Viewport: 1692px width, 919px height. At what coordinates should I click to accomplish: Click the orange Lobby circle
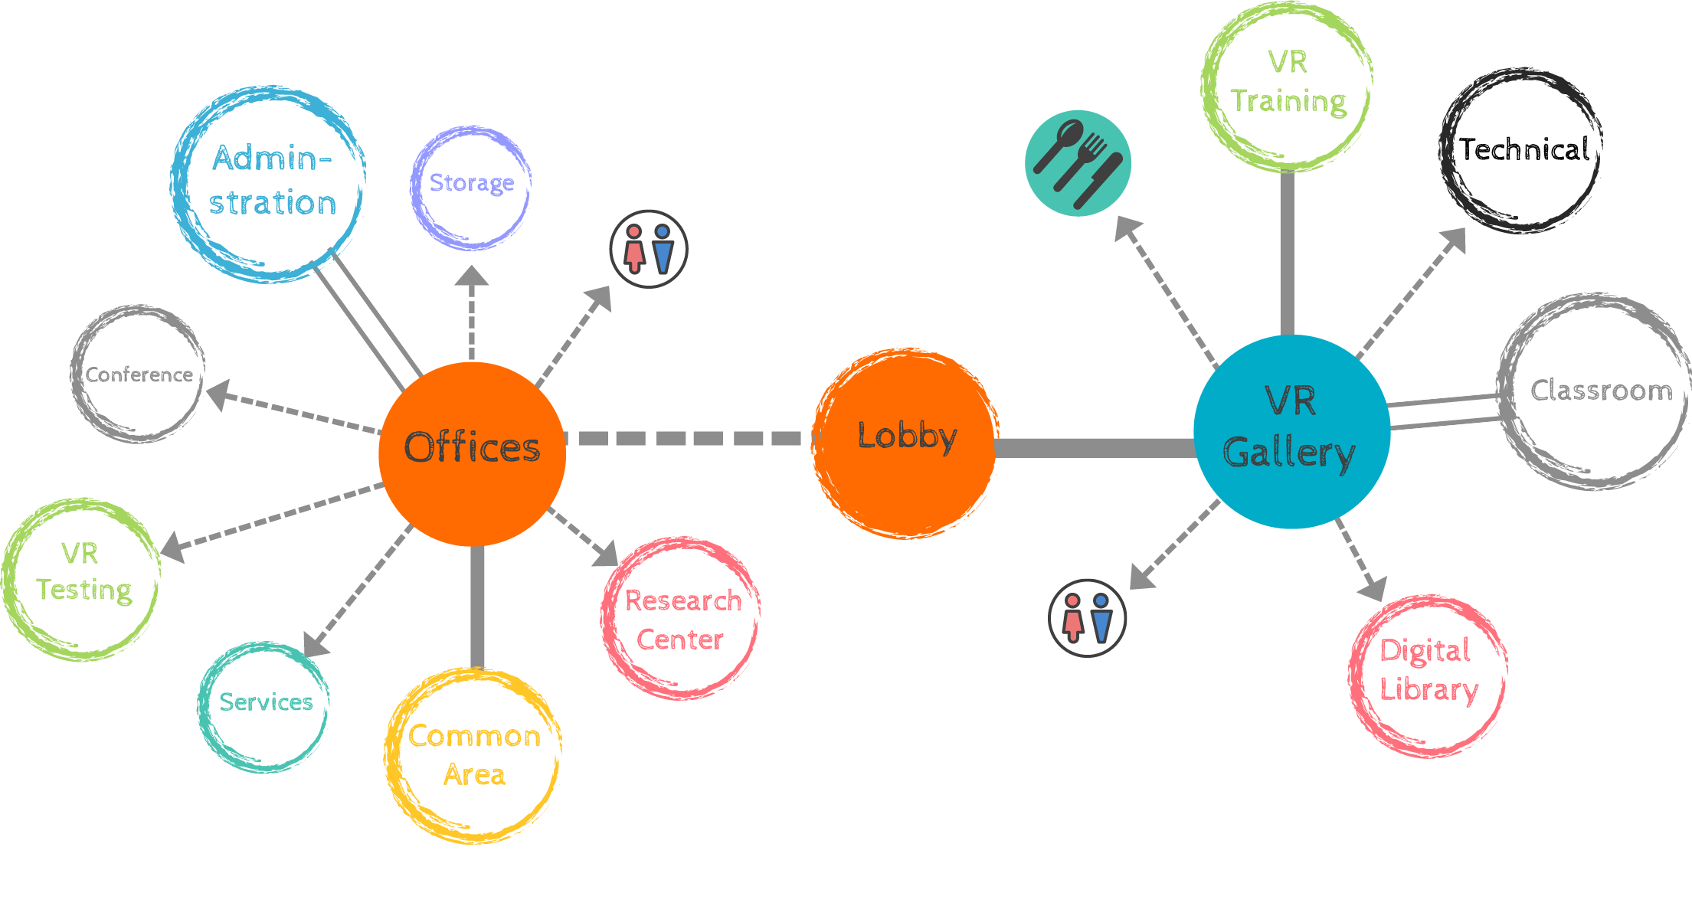click(905, 443)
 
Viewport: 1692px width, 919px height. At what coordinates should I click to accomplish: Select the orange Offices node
click(472, 453)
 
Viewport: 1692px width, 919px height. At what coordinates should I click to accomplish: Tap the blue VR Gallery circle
click(1291, 432)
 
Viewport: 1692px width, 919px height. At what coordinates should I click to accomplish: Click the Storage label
click(472, 183)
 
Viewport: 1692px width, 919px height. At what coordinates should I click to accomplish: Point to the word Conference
click(139, 374)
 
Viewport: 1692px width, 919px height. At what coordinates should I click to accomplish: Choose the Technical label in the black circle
click(1524, 149)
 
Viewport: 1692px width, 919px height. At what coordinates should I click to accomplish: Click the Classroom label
click(1601, 391)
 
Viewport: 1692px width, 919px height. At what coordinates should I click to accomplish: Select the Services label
click(266, 702)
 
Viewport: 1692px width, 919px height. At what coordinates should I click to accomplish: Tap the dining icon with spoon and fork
click(1078, 163)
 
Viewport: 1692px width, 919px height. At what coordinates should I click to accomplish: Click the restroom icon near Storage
click(649, 249)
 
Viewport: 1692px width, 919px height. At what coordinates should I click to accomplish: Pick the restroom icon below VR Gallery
click(1087, 618)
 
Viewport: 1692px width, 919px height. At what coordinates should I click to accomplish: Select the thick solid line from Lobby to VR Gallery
click(1095, 448)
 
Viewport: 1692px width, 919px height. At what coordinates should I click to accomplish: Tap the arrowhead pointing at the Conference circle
click(219, 394)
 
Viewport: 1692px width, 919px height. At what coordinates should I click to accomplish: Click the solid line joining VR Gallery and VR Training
click(1288, 253)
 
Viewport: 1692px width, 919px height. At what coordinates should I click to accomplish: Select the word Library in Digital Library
click(1429, 689)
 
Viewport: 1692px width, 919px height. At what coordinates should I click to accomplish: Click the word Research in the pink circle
click(683, 601)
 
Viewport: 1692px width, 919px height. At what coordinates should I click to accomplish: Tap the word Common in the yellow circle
click(474, 736)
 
